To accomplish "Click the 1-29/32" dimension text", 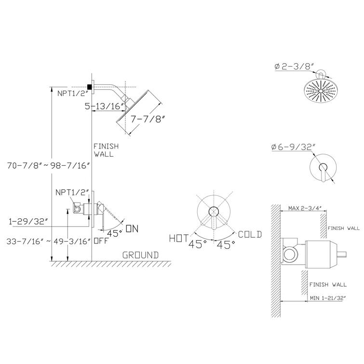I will pyautogui.click(x=29, y=221).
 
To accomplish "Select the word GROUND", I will pyautogui.click(x=140, y=254).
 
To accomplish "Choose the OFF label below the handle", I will pyautogui.click(x=100, y=240).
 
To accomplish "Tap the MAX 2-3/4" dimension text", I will pyautogui.click(x=305, y=208).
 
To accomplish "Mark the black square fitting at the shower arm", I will pyautogui.click(x=90, y=86).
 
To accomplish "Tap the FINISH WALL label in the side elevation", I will pyautogui.click(x=104, y=150).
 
